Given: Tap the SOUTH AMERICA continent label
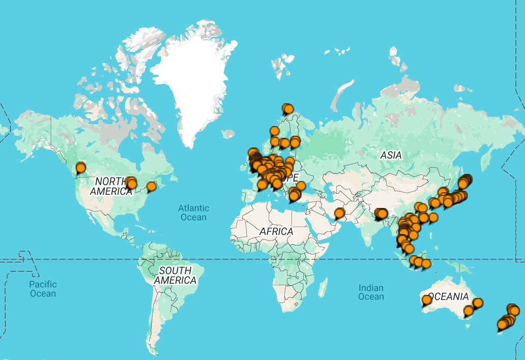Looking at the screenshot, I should [175, 275].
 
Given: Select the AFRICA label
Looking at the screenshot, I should [276, 231].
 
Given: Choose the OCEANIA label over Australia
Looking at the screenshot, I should [448, 296].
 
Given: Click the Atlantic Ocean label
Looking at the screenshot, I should [193, 213].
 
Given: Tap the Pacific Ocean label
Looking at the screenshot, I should [43, 289].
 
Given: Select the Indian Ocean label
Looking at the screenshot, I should [371, 292].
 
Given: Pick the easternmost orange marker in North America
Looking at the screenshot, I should [151, 186].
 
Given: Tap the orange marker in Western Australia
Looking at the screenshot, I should [427, 299].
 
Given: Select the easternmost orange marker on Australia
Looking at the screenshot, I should [478, 303].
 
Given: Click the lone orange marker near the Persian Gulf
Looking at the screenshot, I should [339, 213].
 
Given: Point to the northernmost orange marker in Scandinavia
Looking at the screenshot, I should [288, 108].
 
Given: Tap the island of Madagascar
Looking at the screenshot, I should [322, 287].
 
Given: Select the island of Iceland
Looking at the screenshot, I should [228, 134].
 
